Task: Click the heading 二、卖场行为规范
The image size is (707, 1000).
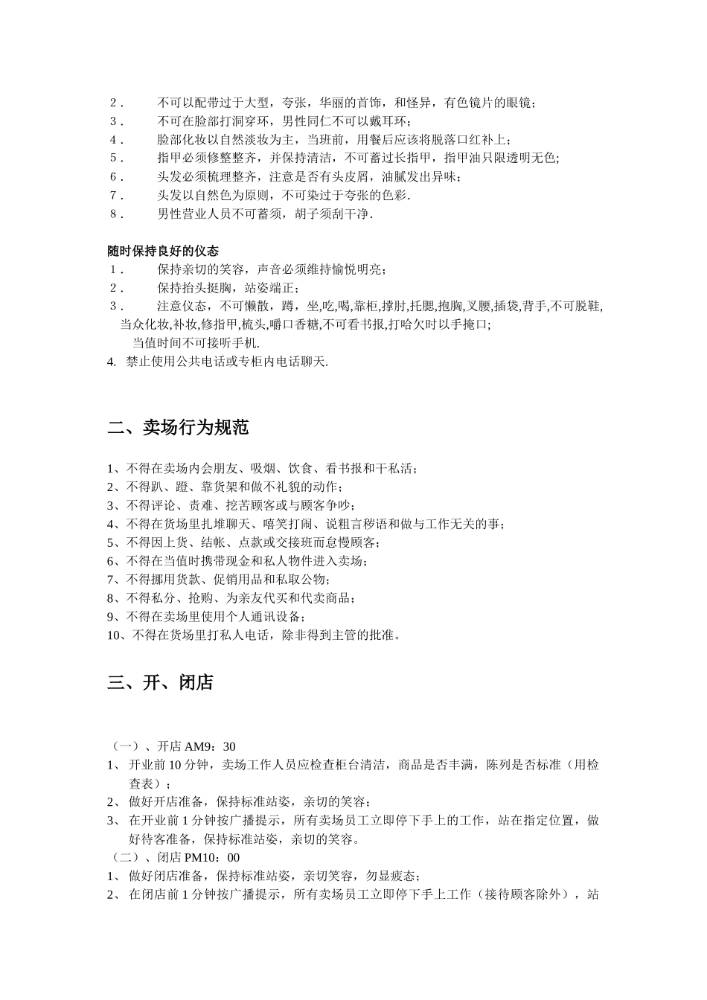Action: (x=178, y=428)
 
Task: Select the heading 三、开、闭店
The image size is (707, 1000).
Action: (x=160, y=682)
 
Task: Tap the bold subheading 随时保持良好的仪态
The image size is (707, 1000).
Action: (x=163, y=251)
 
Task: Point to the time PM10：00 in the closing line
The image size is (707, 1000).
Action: (x=217, y=858)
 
